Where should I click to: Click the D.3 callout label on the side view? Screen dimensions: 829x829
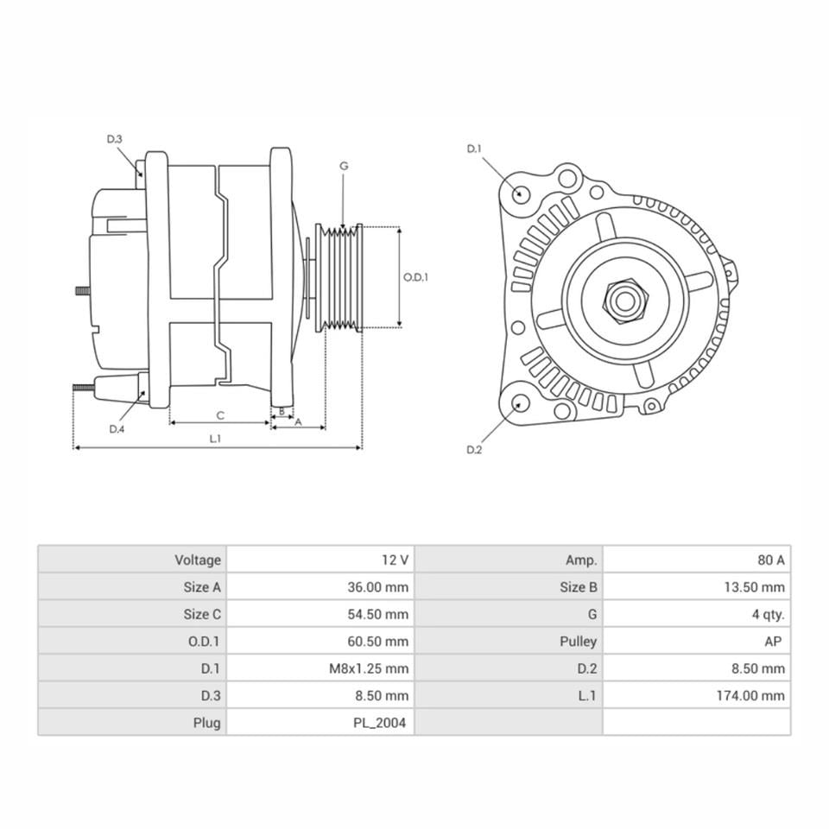pos(115,139)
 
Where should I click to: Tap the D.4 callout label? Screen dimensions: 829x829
pos(117,429)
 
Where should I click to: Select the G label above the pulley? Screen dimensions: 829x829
pos(344,165)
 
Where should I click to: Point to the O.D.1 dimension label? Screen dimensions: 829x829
pos(416,277)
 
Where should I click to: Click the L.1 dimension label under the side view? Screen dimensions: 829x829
pos(215,439)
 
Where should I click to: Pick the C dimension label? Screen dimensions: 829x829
pos(220,415)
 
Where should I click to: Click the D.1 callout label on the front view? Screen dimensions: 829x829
pos(473,149)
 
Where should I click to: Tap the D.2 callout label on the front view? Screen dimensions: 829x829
pos(473,449)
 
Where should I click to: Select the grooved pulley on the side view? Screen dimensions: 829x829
pos(339,278)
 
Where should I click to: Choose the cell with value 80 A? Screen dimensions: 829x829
pos(770,560)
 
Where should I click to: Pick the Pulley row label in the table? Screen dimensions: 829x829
pos(578,642)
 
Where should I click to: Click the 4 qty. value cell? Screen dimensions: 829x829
pos(768,615)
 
